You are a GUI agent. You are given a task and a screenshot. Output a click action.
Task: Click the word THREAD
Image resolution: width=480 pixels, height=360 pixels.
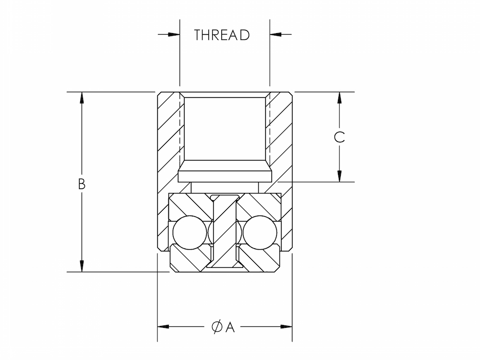222,35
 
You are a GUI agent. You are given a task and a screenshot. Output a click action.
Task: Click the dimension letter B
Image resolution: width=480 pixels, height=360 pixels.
82,184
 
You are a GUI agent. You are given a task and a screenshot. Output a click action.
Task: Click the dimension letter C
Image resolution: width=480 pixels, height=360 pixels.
339,137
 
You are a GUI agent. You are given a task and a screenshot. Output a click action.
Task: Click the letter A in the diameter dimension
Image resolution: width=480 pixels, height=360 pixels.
230,327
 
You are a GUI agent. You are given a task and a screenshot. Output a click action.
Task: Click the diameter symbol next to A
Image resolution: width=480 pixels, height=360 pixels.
216,327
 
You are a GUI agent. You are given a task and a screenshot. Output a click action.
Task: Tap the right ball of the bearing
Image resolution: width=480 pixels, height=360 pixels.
260,232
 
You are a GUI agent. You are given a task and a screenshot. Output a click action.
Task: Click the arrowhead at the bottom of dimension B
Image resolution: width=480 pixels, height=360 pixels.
82,266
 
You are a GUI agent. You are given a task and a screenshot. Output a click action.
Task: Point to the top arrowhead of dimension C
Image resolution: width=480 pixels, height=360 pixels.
339,97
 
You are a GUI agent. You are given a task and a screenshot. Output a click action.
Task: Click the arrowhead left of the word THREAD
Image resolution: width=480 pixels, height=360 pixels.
173,35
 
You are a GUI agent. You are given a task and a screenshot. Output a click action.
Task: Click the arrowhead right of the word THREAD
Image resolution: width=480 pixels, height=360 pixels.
276,35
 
